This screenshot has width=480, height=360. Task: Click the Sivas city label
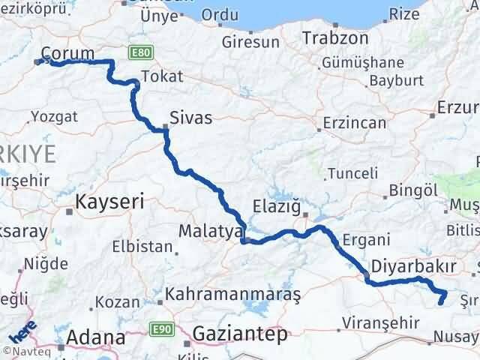190,118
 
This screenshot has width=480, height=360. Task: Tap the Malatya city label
210,229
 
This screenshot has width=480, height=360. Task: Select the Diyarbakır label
414,267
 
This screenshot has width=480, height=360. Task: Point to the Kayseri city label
109,201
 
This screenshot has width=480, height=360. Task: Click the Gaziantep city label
240,334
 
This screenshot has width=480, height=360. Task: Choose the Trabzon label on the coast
335,37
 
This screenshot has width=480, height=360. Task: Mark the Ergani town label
366,240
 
